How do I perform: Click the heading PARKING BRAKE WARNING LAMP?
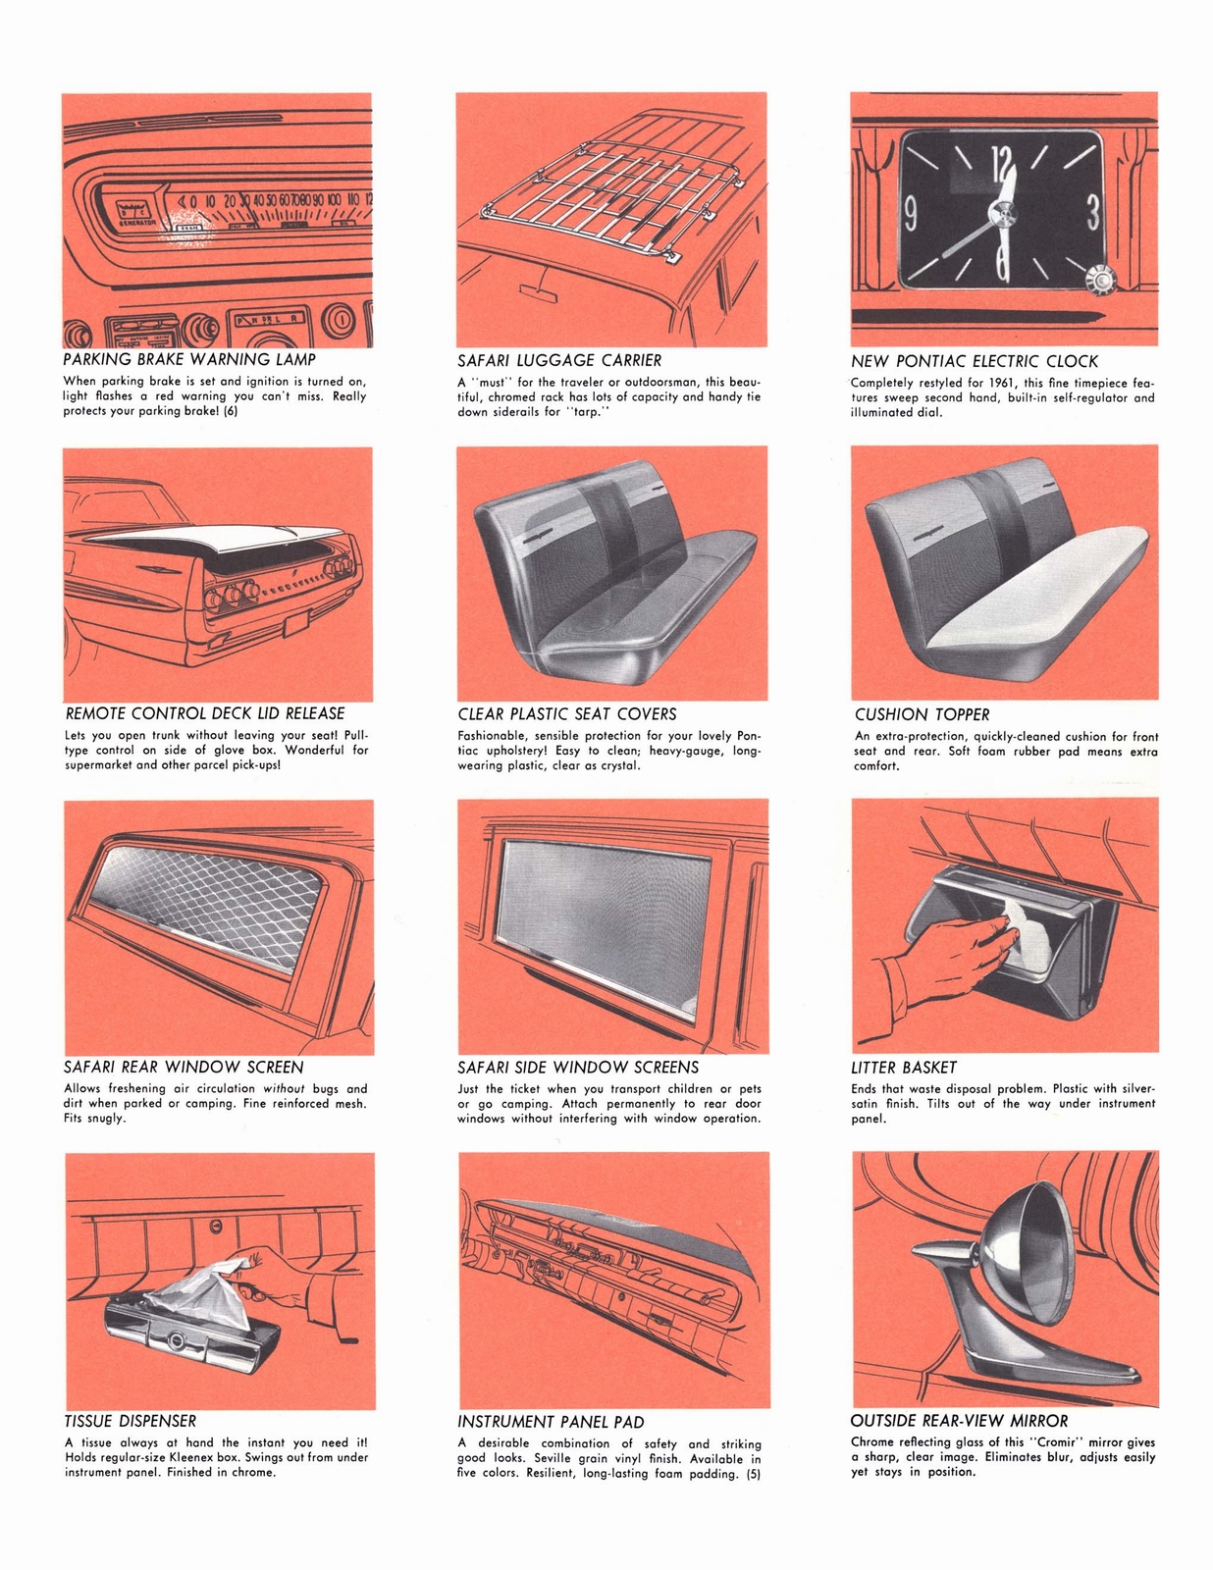pos(189,360)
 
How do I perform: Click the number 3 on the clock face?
pos(1091,211)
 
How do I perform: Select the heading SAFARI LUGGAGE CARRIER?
pos(559,361)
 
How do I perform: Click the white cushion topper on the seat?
pos(1040,589)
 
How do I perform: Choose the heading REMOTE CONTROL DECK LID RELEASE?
pos(204,713)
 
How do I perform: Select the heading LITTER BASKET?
pos(903,1068)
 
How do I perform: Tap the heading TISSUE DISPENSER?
pos(131,1421)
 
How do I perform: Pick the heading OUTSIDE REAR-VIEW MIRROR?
pos(959,1421)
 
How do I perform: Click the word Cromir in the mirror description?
pos(1055,1442)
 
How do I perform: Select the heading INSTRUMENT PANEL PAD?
pos(551,1422)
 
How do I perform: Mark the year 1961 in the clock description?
pos(986,383)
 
